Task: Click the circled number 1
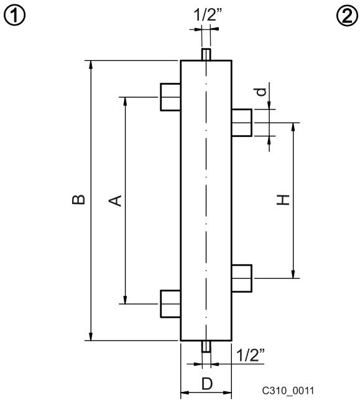click(15, 15)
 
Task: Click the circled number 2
click(347, 15)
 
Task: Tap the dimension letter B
click(78, 200)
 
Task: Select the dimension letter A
click(115, 201)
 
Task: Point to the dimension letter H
click(284, 200)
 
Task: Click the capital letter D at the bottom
click(207, 384)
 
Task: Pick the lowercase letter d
click(261, 91)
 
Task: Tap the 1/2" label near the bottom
click(251, 355)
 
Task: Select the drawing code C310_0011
click(288, 390)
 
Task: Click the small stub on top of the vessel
click(206, 54)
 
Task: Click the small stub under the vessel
click(206, 347)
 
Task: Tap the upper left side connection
click(170, 97)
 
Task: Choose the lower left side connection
click(170, 304)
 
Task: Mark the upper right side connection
click(242, 123)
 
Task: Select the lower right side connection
click(242, 278)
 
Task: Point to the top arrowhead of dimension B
click(91, 65)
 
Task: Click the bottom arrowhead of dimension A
click(125, 300)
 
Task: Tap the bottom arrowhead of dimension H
click(293, 274)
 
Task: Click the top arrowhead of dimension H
click(293, 127)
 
